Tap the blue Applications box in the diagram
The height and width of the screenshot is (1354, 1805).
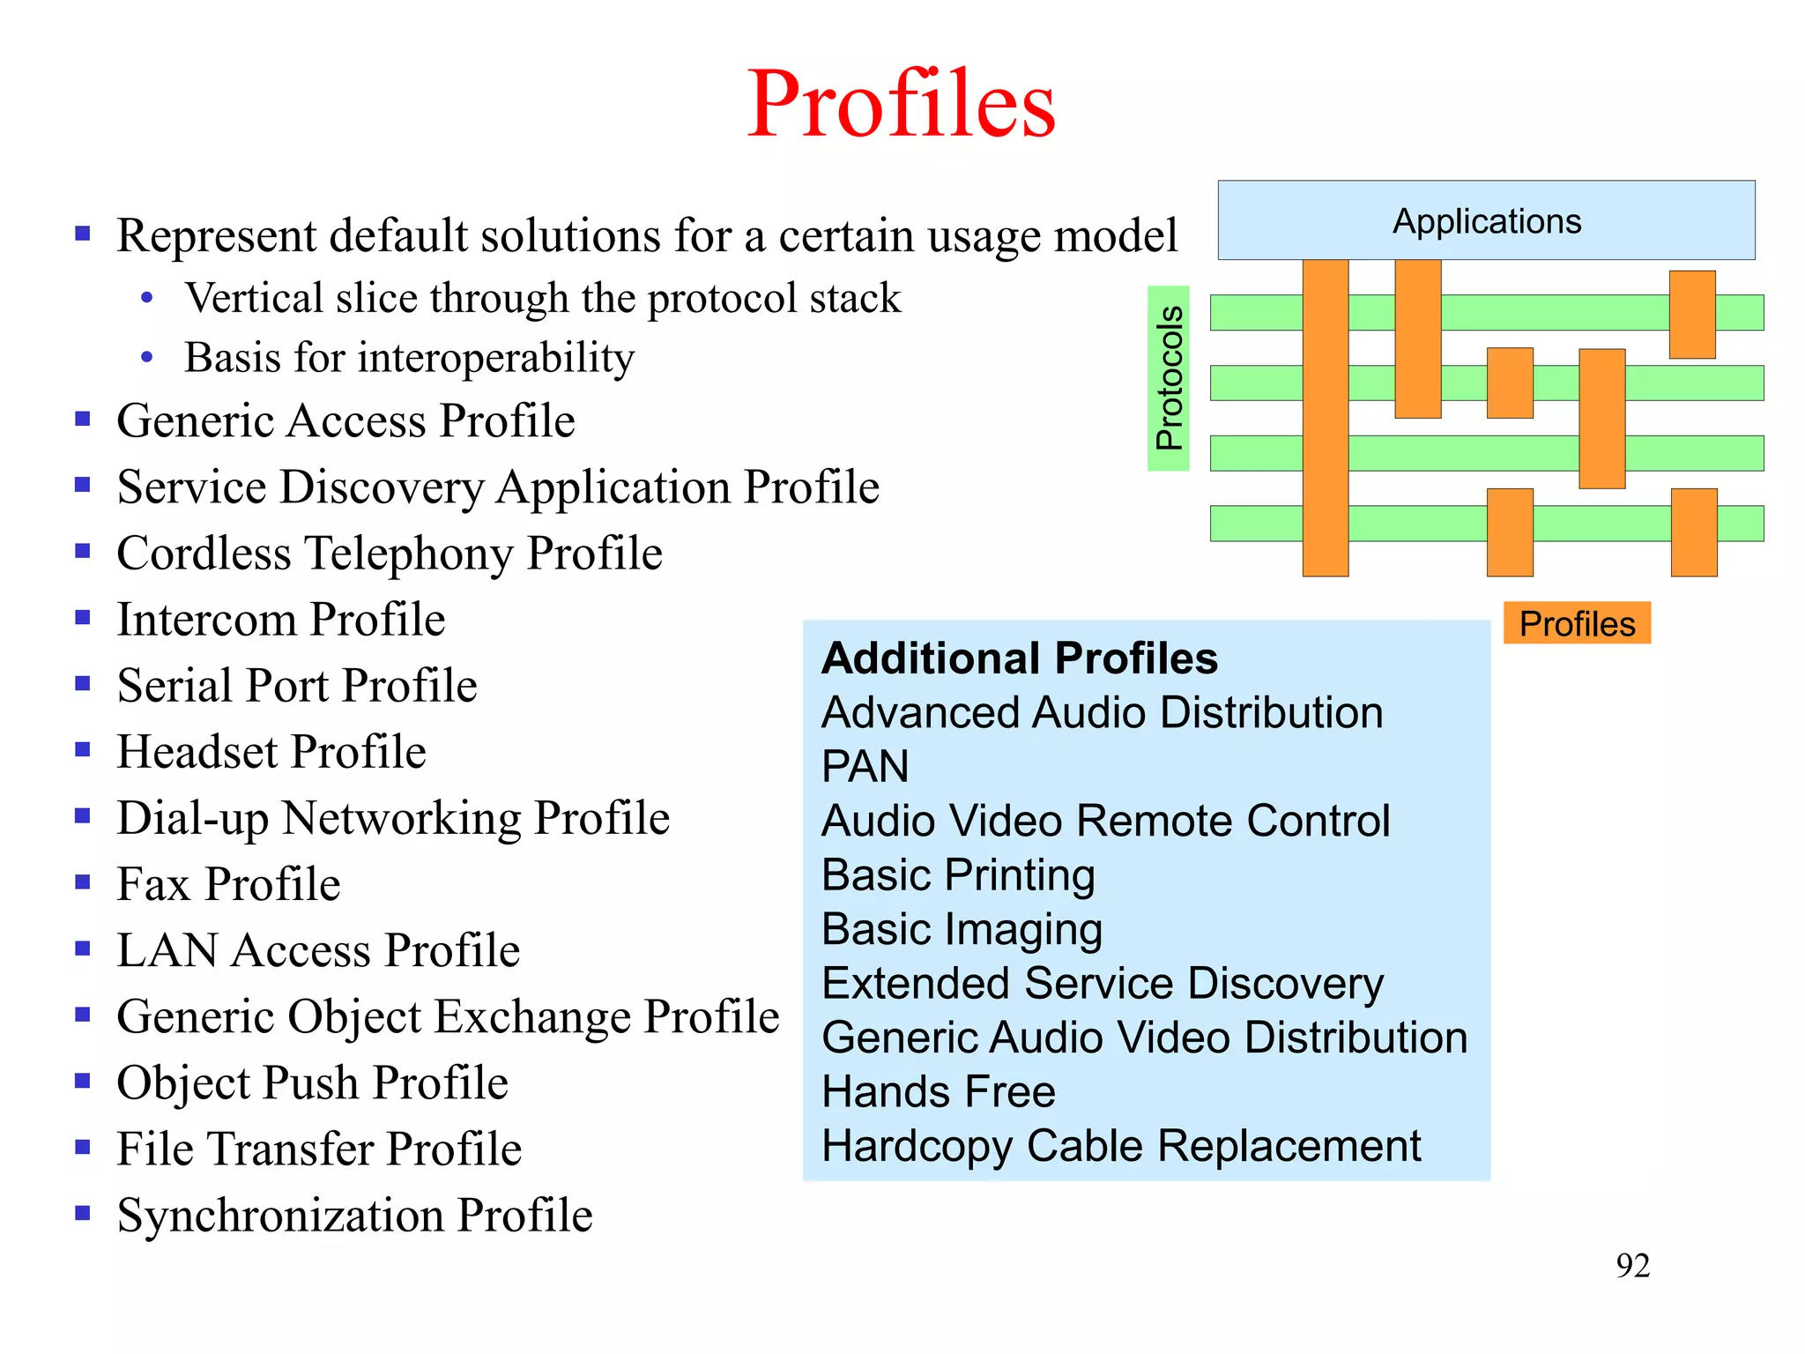(1486, 220)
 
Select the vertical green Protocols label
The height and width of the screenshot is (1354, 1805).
(1169, 378)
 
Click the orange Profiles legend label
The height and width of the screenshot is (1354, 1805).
(1577, 623)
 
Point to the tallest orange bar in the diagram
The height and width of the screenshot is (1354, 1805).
(1326, 418)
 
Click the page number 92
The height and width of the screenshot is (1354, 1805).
(1632, 1266)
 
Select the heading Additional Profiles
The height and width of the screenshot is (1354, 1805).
(1019, 658)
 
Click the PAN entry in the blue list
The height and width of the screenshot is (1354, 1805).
(865, 766)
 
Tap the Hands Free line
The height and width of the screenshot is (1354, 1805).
(938, 1091)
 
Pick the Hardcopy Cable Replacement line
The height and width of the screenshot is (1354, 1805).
(1121, 1146)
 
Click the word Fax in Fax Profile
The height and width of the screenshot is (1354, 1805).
(153, 884)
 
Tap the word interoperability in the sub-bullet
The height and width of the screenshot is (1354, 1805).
(496, 358)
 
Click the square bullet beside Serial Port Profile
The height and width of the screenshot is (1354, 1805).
(83, 684)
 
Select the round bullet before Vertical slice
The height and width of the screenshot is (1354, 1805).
(147, 299)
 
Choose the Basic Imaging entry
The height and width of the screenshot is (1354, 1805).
(962, 929)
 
